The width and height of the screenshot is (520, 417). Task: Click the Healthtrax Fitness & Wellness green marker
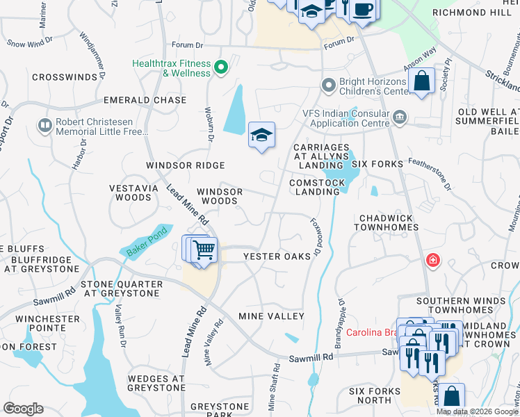[x=221, y=67]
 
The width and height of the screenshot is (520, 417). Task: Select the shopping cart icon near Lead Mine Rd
[x=203, y=249]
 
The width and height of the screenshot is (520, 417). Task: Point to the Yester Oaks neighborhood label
[x=277, y=256]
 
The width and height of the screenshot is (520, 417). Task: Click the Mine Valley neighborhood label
[x=271, y=316]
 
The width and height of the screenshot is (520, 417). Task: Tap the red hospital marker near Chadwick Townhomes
[x=432, y=260]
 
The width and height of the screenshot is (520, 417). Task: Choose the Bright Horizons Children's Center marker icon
[x=329, y=85]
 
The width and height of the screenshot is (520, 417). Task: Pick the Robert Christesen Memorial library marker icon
[x=45, y=125]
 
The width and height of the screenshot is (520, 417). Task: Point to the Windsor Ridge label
[x=185, y=165]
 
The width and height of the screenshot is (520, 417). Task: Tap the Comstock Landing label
[x=317, y=187]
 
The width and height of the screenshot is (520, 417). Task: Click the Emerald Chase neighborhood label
[x=145, y=100]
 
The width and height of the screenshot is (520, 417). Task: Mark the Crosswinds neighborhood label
[x=73, y=95]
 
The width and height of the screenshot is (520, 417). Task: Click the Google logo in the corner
[x=23, y=409]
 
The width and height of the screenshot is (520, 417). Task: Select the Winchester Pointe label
[x=48, y=324]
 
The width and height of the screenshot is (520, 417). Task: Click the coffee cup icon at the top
[x=362, y=10]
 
